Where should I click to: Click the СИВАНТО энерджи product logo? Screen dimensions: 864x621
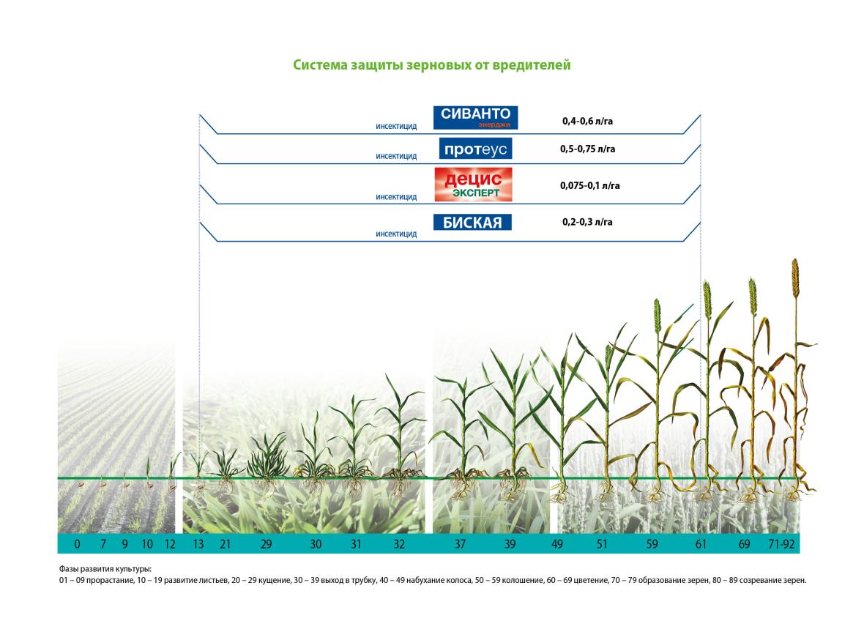coord(475,117)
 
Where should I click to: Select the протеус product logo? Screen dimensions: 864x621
coord(475,149)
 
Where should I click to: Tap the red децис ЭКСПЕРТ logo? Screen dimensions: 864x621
coord(473,185)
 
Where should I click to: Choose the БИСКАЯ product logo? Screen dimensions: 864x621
coord(472,222)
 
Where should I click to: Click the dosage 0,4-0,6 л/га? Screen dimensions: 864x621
coord(587,122)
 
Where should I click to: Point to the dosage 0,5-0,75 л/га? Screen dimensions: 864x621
coord(587,149)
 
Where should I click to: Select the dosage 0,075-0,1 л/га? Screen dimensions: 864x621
coord(589,186)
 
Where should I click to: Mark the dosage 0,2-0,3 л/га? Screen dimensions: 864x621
coord(587,222)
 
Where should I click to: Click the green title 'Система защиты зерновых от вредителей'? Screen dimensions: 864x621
coord(431,65)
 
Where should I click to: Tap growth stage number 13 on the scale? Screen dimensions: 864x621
coord(198,544)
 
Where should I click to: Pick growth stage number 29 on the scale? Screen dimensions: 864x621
coord(266,544)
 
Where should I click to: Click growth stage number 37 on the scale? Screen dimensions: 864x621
coord(460,544)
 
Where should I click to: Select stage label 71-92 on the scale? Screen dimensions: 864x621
coord(781,544)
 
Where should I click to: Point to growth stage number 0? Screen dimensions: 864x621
coord(77,544)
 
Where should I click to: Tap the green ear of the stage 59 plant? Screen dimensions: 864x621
coord(657,316)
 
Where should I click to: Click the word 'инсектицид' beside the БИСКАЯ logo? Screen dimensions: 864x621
coord(396,234)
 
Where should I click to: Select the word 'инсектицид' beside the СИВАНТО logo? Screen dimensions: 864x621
coord(396,126)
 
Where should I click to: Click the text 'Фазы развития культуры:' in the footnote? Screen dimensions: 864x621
coord(105,569)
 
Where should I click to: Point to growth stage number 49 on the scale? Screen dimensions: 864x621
coord(557,544)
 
